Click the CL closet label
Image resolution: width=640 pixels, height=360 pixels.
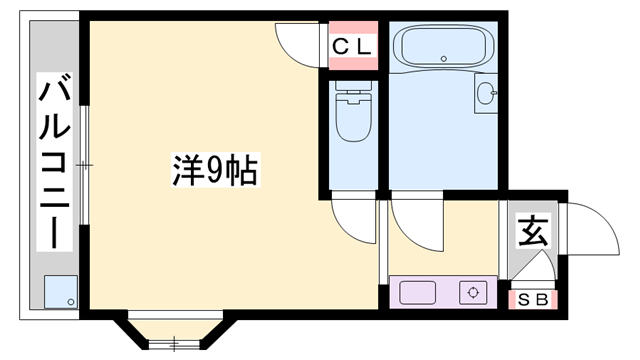(352, 47)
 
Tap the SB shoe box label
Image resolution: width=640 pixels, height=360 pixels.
(533, 300)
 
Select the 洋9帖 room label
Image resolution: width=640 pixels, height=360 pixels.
(216, 170)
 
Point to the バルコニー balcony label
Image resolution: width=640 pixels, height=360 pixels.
(54, 162)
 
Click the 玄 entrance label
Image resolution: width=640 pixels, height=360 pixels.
(533, 231)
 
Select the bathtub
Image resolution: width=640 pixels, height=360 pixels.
(444, 46)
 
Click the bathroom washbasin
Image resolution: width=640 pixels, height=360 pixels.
(486, 93)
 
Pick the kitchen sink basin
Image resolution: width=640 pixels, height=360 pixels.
(417, 293)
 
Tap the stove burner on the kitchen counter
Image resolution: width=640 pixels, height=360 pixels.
(473, 293)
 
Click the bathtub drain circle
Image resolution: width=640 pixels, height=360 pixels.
(444, 59)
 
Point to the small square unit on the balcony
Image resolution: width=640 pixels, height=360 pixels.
(61, 292)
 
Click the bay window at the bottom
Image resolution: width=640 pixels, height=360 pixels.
(175, 331)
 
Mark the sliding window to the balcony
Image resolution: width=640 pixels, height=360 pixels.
(84, 165)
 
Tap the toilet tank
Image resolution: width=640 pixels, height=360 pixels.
(353, 86)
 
